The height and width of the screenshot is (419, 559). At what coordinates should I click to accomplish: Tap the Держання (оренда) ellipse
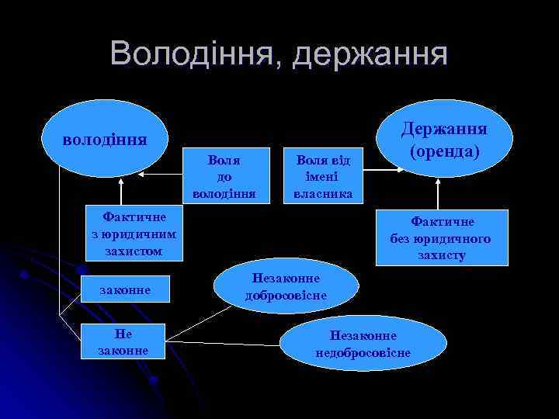pyautogui.click(x=443, y=137)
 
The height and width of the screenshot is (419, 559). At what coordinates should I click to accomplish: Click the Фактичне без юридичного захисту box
pyautogui.click(x=439, y=237)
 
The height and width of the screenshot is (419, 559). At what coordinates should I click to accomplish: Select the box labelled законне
pyautogui.click(x=125, y=290)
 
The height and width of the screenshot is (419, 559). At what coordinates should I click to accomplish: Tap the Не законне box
pyautogui.click(x=124, y=342)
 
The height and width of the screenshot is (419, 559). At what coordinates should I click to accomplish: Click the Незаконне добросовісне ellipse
pyautogui.click(x=286, y=286)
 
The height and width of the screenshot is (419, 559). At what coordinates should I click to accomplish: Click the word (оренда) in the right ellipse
pyautogui.click(x=444, y=150)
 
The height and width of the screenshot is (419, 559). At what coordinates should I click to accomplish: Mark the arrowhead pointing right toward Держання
pyautogui.click(x=398, y=161)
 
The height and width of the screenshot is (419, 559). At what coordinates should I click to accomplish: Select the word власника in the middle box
pyautogui.click(x=318, y=192)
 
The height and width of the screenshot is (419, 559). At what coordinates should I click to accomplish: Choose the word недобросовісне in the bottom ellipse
pyautogui.click(x=363, y=353)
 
